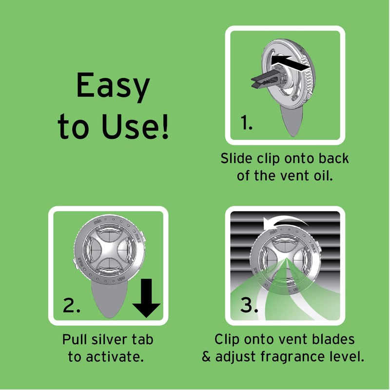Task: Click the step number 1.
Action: (247, 123)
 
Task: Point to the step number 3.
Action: (249, 305)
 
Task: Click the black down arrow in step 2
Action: (147, 298)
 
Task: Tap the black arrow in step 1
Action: (289, 63)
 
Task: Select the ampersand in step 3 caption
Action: (206, 357)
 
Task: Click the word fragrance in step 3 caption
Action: (292, 357)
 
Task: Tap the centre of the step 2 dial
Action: (108, 250)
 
